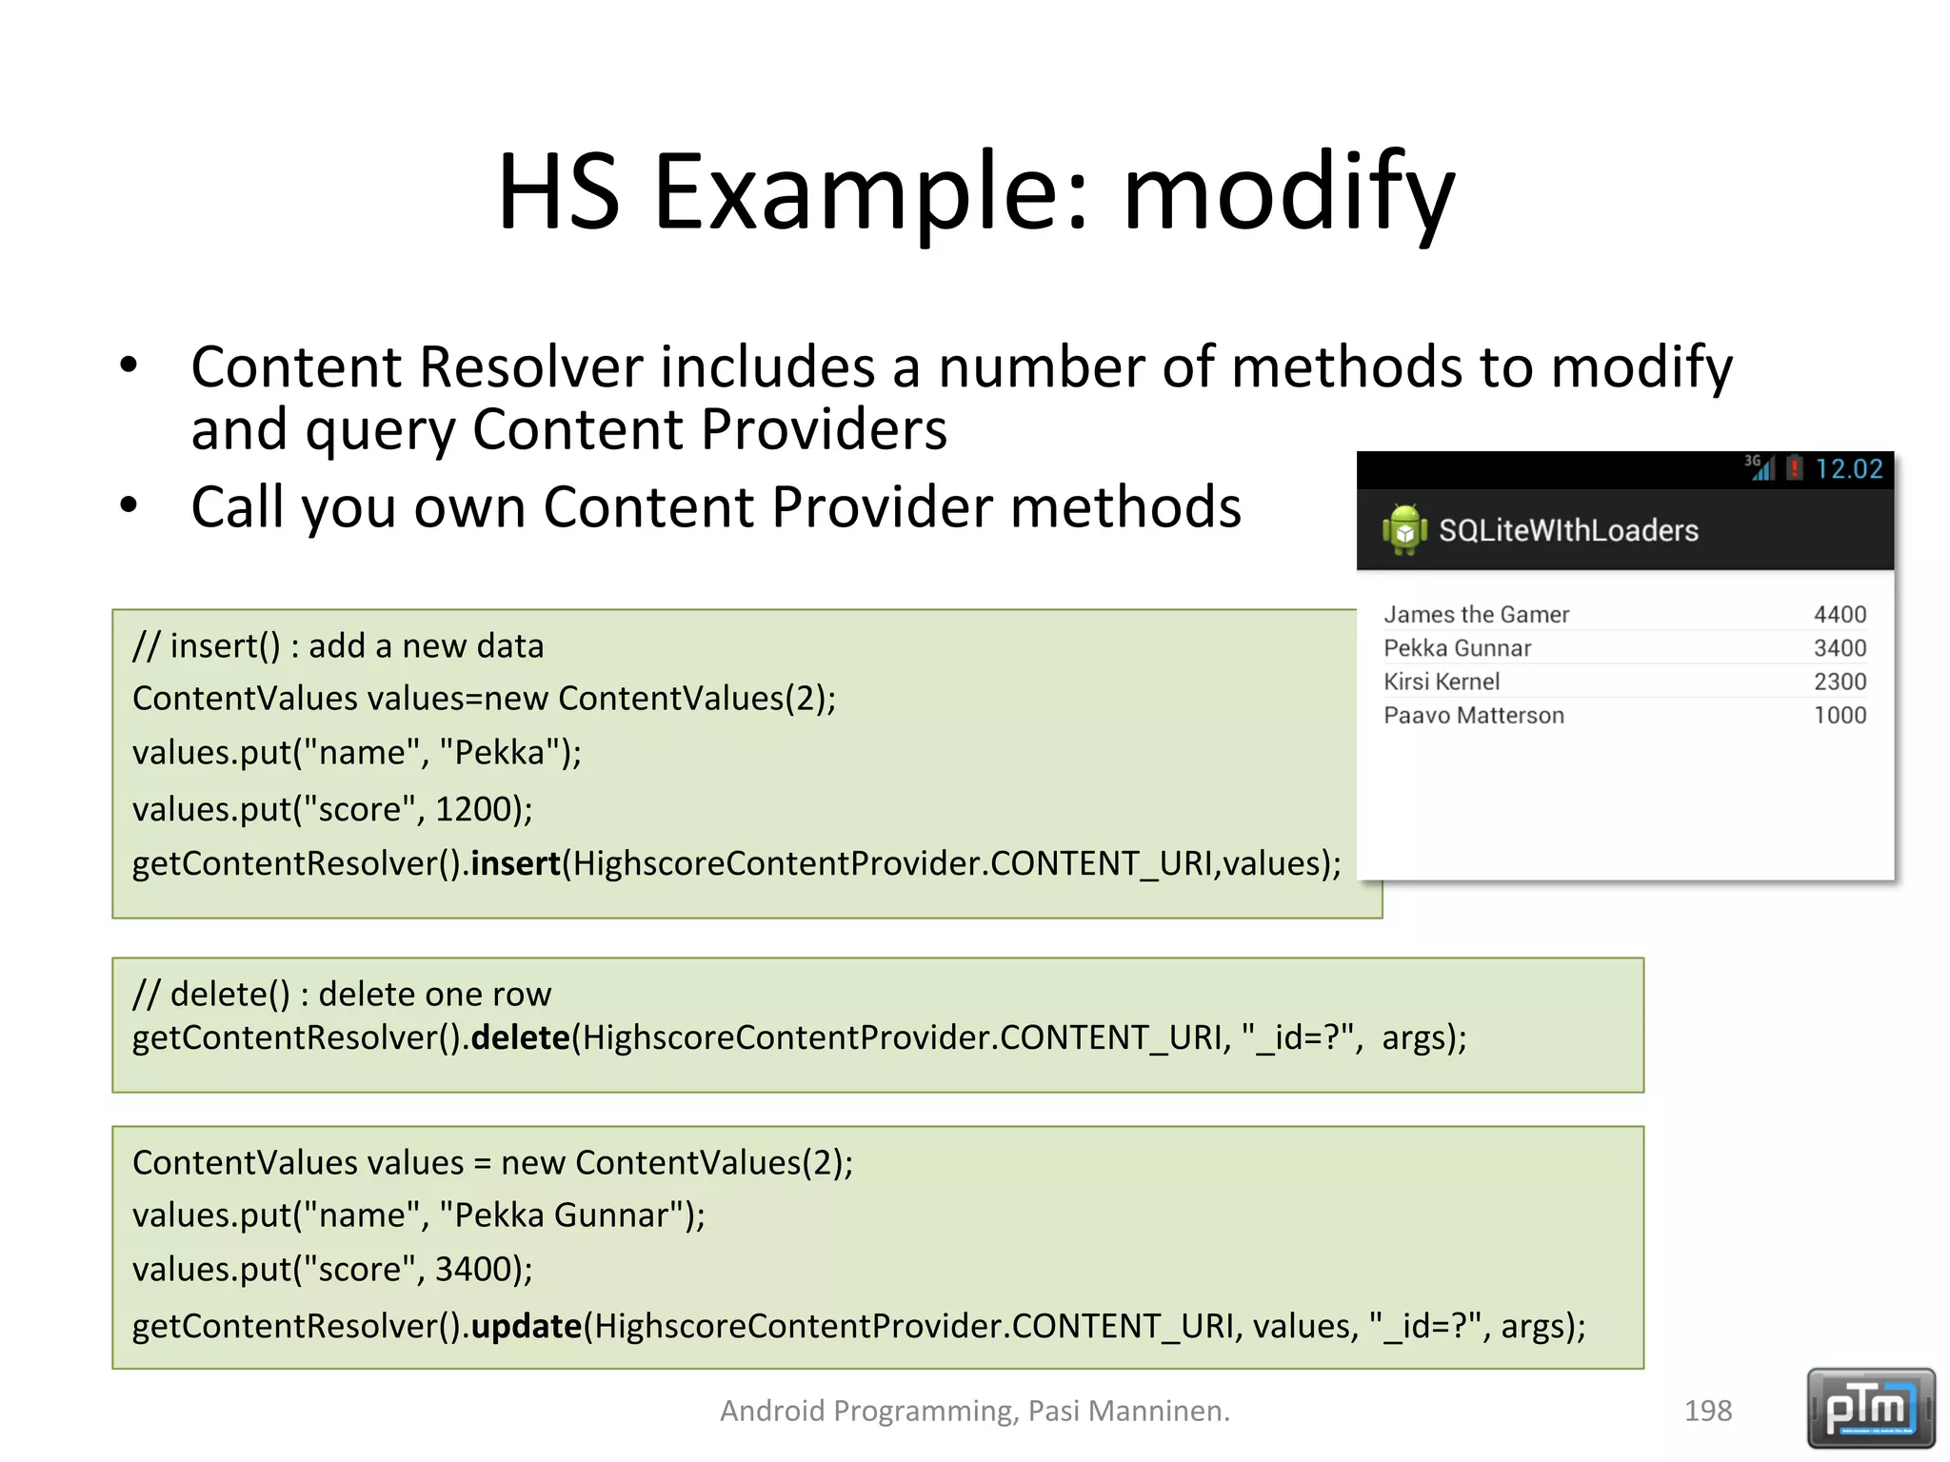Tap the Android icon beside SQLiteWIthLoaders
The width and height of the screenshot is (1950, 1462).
[x=1404, y=529]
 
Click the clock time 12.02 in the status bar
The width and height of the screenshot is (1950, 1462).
[x=1848, y=469]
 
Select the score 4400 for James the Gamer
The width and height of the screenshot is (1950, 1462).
[x=1840, y=615]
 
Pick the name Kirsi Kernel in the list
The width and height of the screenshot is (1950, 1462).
[x=1441, y=682]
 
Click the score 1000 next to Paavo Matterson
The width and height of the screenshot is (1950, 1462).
[x=1840, y=716]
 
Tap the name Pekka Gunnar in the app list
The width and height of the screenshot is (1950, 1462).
[x=1457, y=648]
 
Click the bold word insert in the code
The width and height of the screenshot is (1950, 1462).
[x=515, y=863]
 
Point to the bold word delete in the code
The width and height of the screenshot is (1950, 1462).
[x=520, y=1037]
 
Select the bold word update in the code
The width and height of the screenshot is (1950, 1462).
[x=526, y=1326]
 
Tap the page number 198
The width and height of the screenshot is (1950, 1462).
[x=1708, y=1411]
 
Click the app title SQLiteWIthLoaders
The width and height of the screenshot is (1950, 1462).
[x=1567, y=530]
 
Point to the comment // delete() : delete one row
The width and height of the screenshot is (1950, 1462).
[x=342, y=995]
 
